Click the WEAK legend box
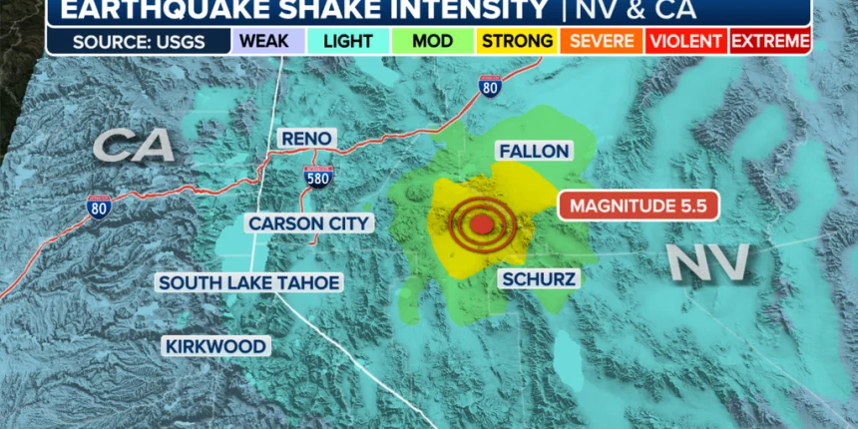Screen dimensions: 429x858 click(259, 41)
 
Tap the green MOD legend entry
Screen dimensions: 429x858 click(432, 41)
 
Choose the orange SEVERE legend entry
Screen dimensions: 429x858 click(600, 41)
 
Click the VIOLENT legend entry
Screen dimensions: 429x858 click(685, 41)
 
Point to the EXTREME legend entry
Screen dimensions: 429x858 click(770, 41)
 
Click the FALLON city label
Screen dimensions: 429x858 click(534, 152)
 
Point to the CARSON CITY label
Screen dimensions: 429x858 click(309, 223)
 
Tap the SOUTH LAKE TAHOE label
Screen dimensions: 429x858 click(249, 283)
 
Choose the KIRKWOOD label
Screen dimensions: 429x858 click(216, 346)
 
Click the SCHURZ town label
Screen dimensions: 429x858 click(538, 279)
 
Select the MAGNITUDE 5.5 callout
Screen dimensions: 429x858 click(639, 206)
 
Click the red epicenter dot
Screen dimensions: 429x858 click(482, 224)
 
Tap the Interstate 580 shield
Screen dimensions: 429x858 click(317, 178)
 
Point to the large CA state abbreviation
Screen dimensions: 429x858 click(135, 147)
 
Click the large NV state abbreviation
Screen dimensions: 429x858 click(707, 261)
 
